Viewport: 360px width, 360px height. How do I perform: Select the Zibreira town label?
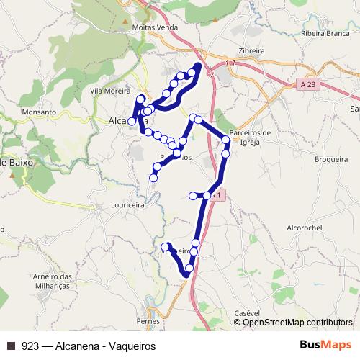click(x=251, y=51)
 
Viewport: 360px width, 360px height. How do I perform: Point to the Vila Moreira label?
click(x=106, y=91)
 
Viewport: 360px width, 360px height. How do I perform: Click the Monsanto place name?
click(x=39, y=112)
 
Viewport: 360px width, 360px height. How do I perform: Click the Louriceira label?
click(x=129, y=204)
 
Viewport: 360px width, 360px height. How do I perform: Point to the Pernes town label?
click(x=147, y=319)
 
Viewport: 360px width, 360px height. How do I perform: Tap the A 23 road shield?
click(x=308, y=84)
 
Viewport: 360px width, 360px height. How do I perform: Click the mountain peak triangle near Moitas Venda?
click(x=135, y=27)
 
